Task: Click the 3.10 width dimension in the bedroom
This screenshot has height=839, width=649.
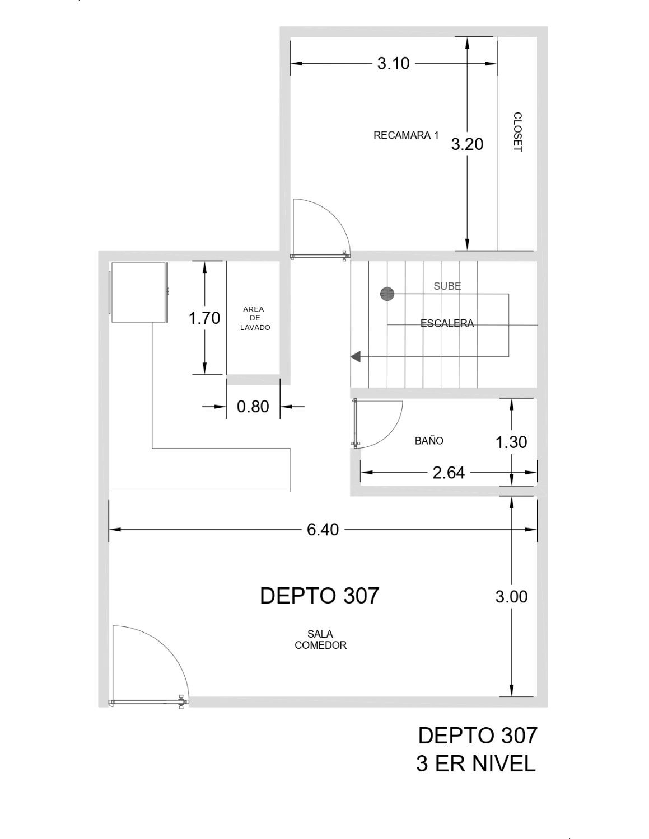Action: click(393, 64)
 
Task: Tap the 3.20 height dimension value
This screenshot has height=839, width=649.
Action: click(467, 144)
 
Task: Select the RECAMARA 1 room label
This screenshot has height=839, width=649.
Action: click(406, 135)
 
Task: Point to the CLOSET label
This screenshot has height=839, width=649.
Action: click(517, 132)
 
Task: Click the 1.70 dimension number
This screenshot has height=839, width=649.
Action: click(204, 318)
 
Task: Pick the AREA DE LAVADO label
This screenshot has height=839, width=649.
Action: click(255, 318)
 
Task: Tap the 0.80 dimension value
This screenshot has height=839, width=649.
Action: click(253, 407)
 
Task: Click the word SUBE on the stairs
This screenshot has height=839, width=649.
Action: click(447, 286)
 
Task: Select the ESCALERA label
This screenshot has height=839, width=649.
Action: click(447, 323)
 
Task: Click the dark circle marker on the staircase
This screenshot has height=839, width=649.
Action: click(387, 294)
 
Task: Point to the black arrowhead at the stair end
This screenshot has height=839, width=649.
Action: click(356, 356)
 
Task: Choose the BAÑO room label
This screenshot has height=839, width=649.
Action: click(429, 441)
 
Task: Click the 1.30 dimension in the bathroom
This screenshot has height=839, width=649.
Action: click(511, 442)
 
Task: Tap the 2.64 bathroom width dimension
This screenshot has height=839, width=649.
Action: click(449, 473)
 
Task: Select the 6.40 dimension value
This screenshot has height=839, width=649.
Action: click(323, 530)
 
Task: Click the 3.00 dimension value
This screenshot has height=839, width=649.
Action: click(511, 596)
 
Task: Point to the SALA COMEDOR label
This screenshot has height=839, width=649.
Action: click(320, 640)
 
